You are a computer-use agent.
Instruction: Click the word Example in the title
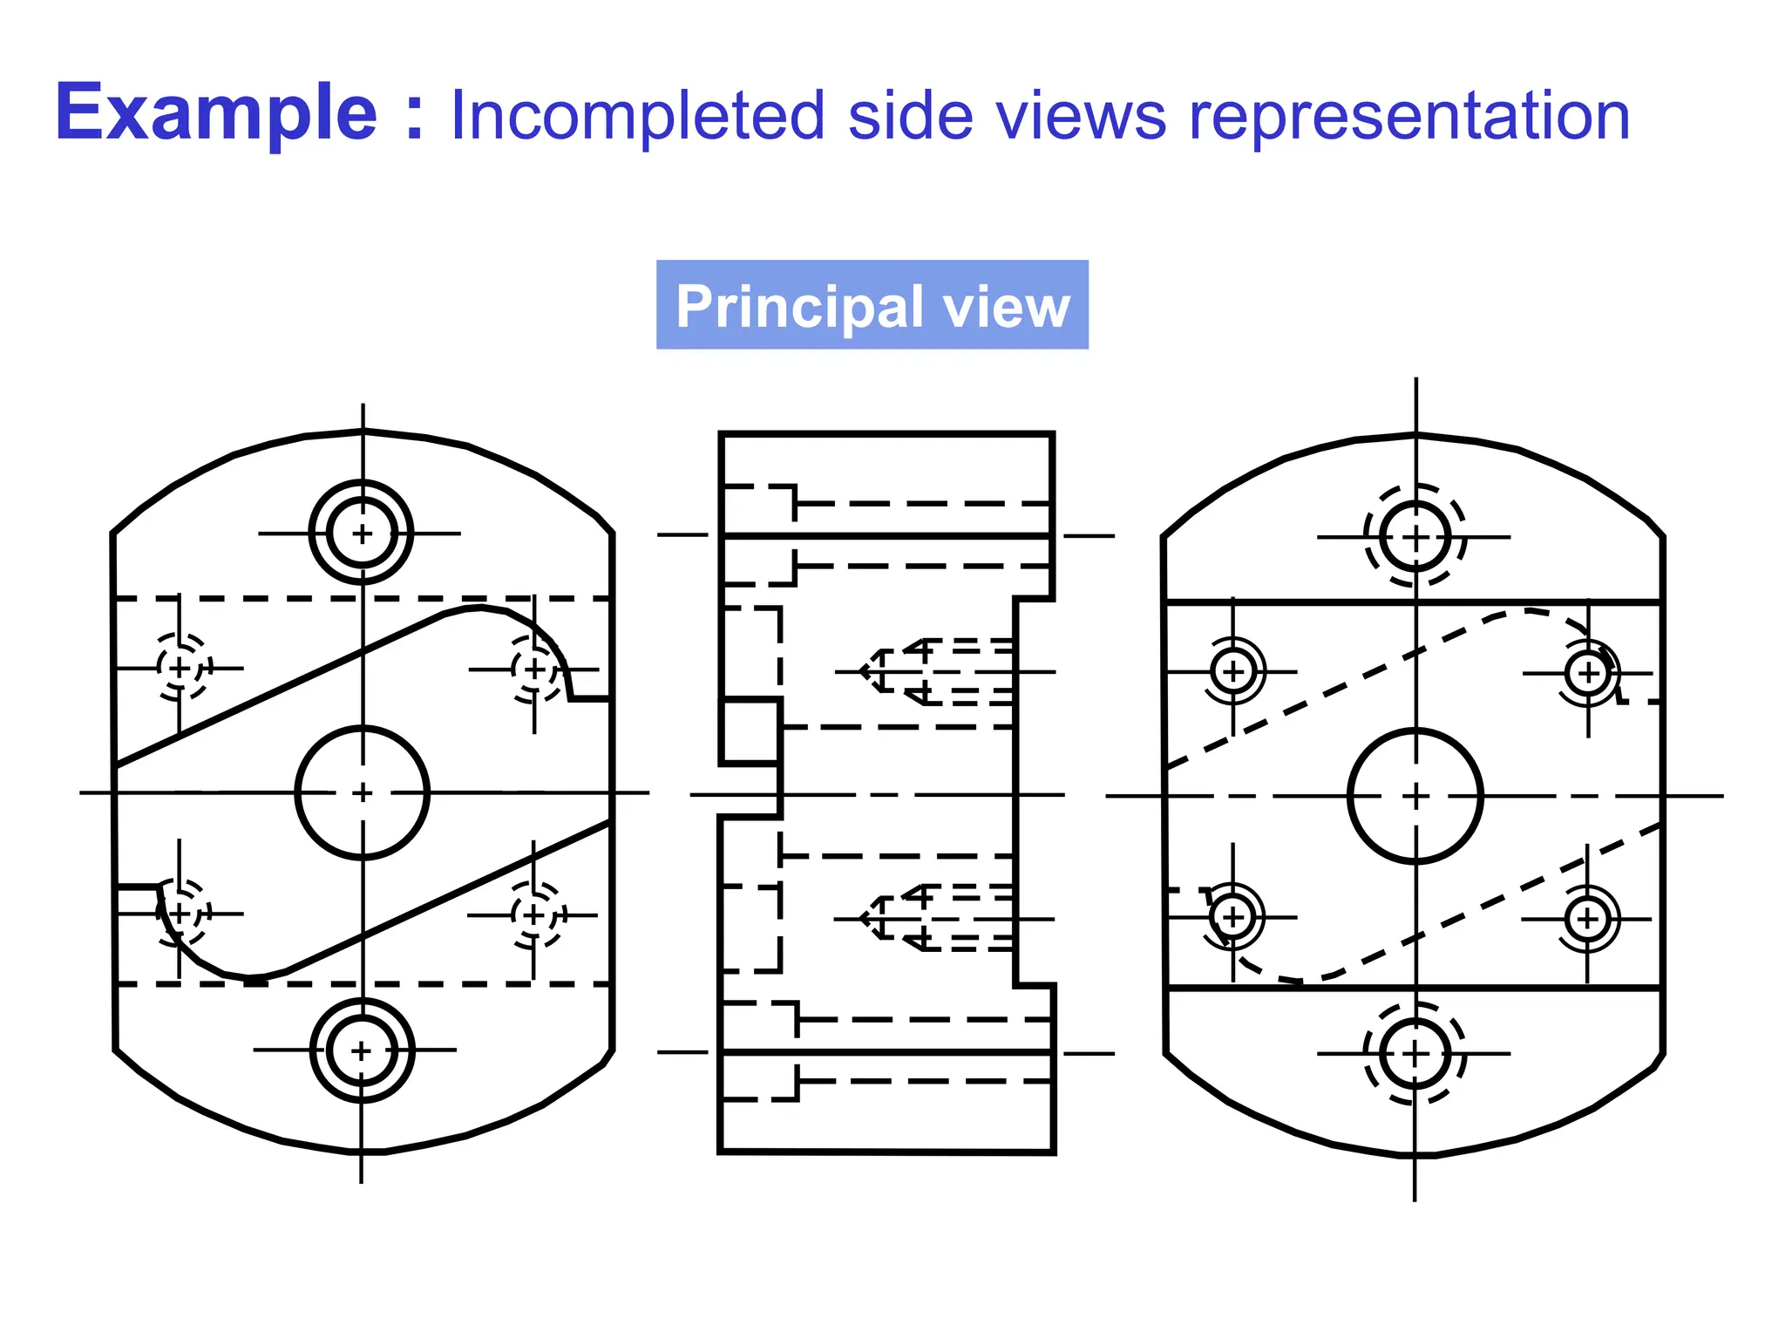coord(216,113)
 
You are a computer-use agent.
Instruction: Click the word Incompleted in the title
coord(637,116)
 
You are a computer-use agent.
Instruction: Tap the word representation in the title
coord(1408,116)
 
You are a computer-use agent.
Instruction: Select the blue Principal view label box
coord(872,305)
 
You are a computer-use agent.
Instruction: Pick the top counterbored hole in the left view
coord(362,533)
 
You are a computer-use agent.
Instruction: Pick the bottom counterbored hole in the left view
coord(362,1050)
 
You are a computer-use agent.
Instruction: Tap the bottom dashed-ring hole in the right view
coord(1415,1055)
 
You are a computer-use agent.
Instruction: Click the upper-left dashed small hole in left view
coord(180,668)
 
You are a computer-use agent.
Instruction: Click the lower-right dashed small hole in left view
coord(534,915)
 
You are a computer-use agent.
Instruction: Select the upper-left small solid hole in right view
coord(1233,671)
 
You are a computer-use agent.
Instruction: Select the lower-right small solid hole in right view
coord(1587,919)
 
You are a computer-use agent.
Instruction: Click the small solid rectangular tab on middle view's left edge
coord(749,731)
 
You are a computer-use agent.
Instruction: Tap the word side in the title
coord(910,116)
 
